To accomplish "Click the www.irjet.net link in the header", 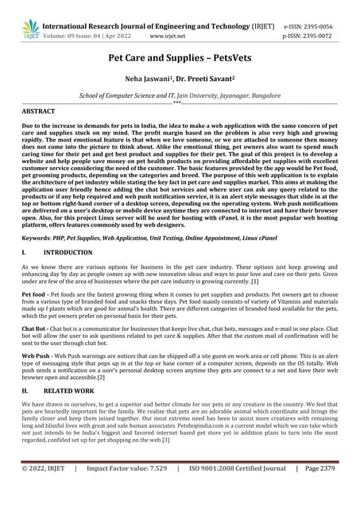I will pyautogui.click(x=168, y=36).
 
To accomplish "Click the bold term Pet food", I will pyautogui.click(x=36, y=293).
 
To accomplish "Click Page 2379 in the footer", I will pyautogui.click(x=320, y=491).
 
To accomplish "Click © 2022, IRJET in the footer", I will pyautogui.click(x=46, y=491).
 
